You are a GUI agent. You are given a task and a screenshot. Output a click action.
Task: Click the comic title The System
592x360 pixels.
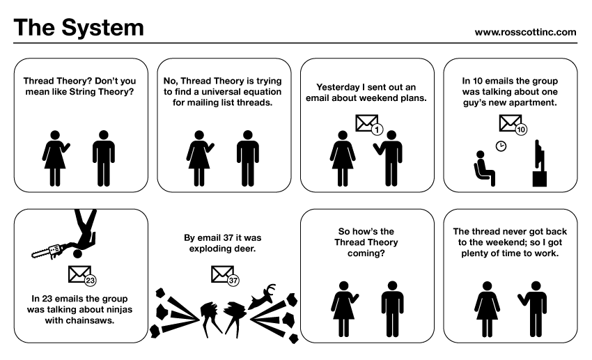click(x=78, y=28)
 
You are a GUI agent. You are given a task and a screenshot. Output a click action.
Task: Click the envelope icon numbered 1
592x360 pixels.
click(x=366, y=124)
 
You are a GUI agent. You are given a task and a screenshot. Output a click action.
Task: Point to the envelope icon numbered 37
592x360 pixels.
click(x=222, y=275)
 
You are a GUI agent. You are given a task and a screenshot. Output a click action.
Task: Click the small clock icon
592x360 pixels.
click(x=500, y=146)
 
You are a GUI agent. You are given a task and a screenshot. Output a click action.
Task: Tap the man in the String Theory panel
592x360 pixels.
click(x=104, y=157)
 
